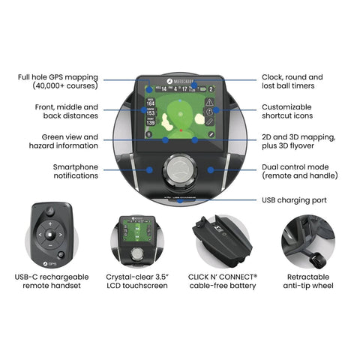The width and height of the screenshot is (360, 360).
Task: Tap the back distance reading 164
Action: (151, 103)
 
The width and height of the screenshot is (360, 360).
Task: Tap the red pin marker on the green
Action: (180, 128)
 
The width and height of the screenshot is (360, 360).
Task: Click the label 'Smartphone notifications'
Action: (76, 170)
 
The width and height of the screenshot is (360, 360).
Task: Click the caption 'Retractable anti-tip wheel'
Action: (310, 280)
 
